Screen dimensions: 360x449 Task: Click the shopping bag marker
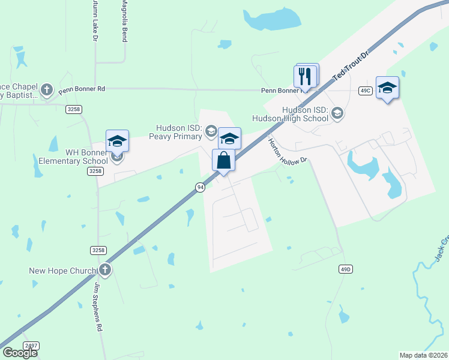pos(223,161)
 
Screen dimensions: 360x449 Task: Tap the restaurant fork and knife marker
pos(306,76)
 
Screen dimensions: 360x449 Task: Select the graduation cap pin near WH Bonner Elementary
pos(117,141)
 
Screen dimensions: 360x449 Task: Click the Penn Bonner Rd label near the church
pos(82,89)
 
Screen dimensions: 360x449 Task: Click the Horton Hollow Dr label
pos(288,149)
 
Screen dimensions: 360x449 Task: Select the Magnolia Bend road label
pos(125,20)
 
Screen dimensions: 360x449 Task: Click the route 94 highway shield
pos(199,187)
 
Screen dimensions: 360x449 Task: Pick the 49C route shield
pos(366,90)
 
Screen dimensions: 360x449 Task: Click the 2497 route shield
pos(31,346)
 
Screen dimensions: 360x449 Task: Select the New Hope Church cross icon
pos(105,269)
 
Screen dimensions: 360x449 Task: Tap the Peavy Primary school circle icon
pos(211,130)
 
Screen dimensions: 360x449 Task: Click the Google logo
pos(20,353)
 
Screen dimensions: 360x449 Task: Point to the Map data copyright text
pos(423,355)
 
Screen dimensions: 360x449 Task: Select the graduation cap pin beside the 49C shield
pos(387,88)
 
